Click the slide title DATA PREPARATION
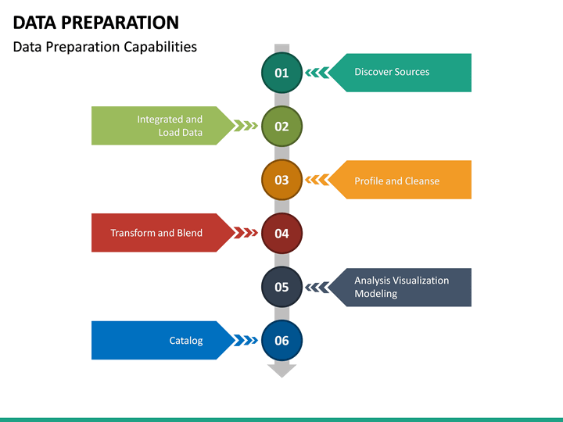(x=95, y=22)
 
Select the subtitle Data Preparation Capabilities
(x=105, y=47)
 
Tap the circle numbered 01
(x=281, y=73)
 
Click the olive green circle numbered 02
(x=281, y=126)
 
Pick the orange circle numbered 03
(x=281, y=180)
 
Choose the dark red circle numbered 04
(x=281, y=233)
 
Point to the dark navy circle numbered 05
(x=281, y=287)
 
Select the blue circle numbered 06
(x=281, y=340)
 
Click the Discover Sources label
(x=392, y=72)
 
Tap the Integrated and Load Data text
(x=170, y=126)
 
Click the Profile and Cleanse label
(x=396, y=181)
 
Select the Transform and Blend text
(x=156, y=233)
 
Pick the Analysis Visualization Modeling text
(x=401, y=287)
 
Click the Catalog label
(x=186, y=340)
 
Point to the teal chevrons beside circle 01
(x=317, y=73)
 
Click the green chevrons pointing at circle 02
(x=246, y=126)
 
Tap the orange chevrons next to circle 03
(x=317, y=180)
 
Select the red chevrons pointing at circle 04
(x=246, y=233)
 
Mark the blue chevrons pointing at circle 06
(x=246, y=340)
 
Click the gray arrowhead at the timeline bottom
(x=281, y=370)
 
